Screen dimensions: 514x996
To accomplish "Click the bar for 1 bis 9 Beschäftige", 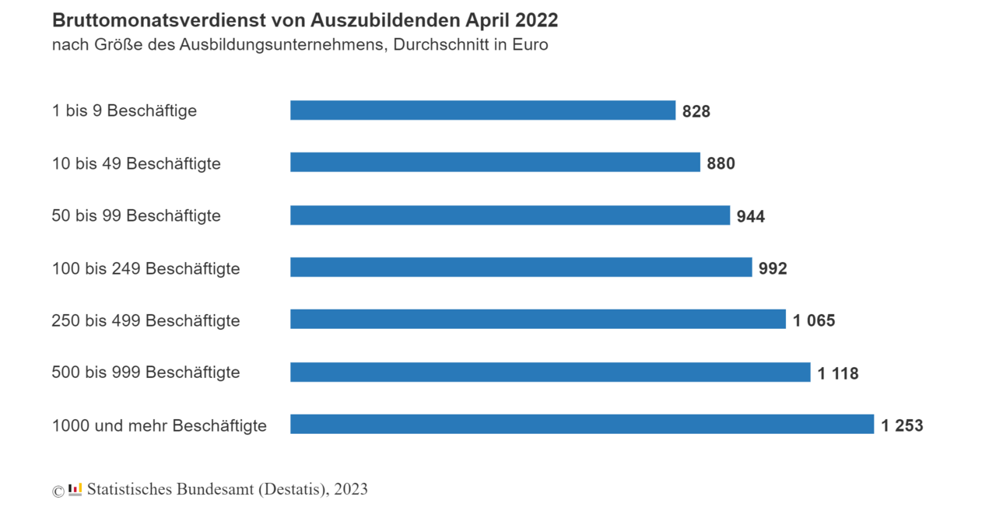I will coord(482,110).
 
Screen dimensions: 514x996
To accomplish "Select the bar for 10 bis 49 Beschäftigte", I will coord(495,163).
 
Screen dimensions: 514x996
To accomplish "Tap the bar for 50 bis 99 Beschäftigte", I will coord(510,215).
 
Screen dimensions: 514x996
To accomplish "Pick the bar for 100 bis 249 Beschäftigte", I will coord(521,267).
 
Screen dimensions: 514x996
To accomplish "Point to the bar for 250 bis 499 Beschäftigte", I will coord(538,320).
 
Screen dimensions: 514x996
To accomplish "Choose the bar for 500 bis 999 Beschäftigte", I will coord(550,372).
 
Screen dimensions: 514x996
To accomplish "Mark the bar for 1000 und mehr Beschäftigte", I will coord(582,425).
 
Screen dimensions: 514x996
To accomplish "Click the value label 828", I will coord(696,111).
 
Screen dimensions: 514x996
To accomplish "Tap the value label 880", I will coord(721,163).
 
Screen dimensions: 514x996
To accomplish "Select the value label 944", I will coord(751,216).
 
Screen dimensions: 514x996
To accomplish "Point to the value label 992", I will coord(773,268).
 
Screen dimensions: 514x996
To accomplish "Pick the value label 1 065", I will coord(814,320).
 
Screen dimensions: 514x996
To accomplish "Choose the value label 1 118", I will coord(838,373).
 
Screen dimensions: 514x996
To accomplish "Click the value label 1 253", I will coord(902,425).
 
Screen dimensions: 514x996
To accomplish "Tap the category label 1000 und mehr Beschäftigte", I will coord(159,425).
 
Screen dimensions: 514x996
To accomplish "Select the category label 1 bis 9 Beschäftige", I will coord(124,110).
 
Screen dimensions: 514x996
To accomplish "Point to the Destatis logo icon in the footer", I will coord(75,489).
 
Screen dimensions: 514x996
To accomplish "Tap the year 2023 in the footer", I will coord(351,489).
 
